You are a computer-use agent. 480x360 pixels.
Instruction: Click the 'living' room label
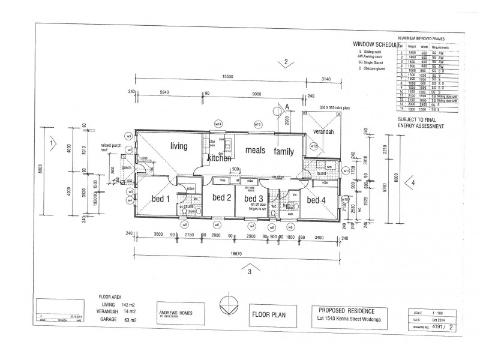click(x=179, y=146)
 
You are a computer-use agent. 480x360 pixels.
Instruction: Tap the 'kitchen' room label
click(x=219, y=158)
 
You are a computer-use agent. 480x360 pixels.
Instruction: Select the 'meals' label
click(x=254, y=151)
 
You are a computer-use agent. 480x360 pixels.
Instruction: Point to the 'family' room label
click(x=284, y=152)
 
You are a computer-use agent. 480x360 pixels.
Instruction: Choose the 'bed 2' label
click(x=221, y=197)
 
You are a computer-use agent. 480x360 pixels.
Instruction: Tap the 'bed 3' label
click(x=254, y=198)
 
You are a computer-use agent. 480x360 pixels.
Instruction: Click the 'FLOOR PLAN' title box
click(x=269, y=313)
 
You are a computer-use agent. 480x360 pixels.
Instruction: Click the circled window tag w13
click(x=257, y=124)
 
